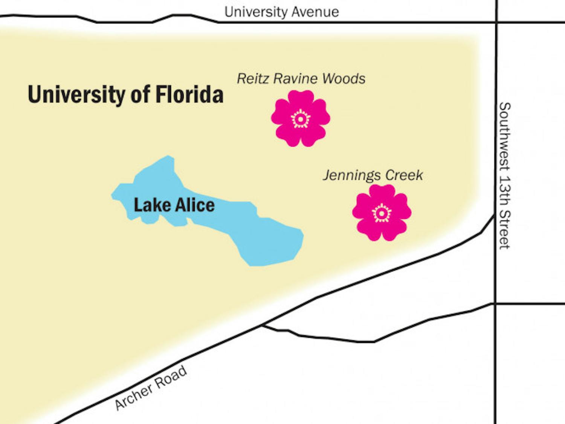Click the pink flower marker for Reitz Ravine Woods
(x=301, y=118)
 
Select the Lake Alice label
(x=174, y=205)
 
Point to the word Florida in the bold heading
(x=189, y=94)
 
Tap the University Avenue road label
(x=281, y=12)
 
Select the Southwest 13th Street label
(x=504, y=175)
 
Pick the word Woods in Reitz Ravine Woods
(x=344, y=79)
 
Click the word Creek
(x=404, y=175)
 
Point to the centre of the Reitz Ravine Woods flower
(x=301, y=119)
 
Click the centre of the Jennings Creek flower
(x=382, y=213)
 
